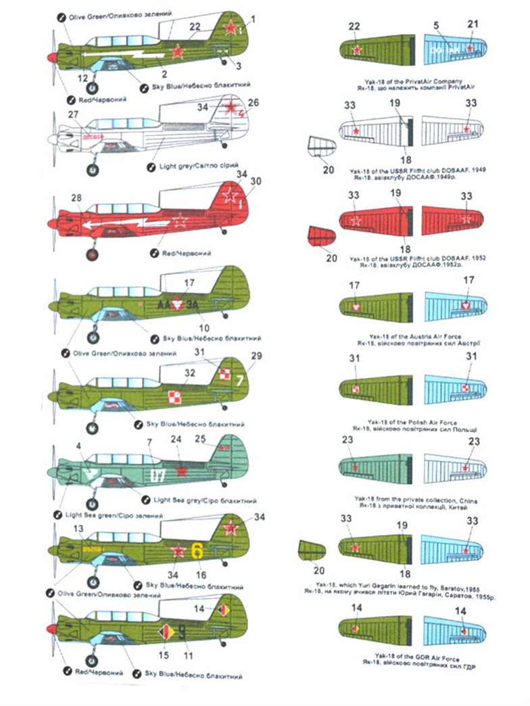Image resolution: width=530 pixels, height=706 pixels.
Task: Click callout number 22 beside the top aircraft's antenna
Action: point(195,26)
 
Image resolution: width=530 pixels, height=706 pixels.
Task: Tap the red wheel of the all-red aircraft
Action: point(93,255)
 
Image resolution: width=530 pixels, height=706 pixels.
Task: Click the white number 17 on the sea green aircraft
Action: point(160,474)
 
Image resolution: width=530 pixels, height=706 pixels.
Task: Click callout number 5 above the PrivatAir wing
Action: point(436,25)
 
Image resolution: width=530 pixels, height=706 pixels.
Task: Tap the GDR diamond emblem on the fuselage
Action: point(164,634)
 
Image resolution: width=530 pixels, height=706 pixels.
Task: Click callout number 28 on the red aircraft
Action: point(76,198)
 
